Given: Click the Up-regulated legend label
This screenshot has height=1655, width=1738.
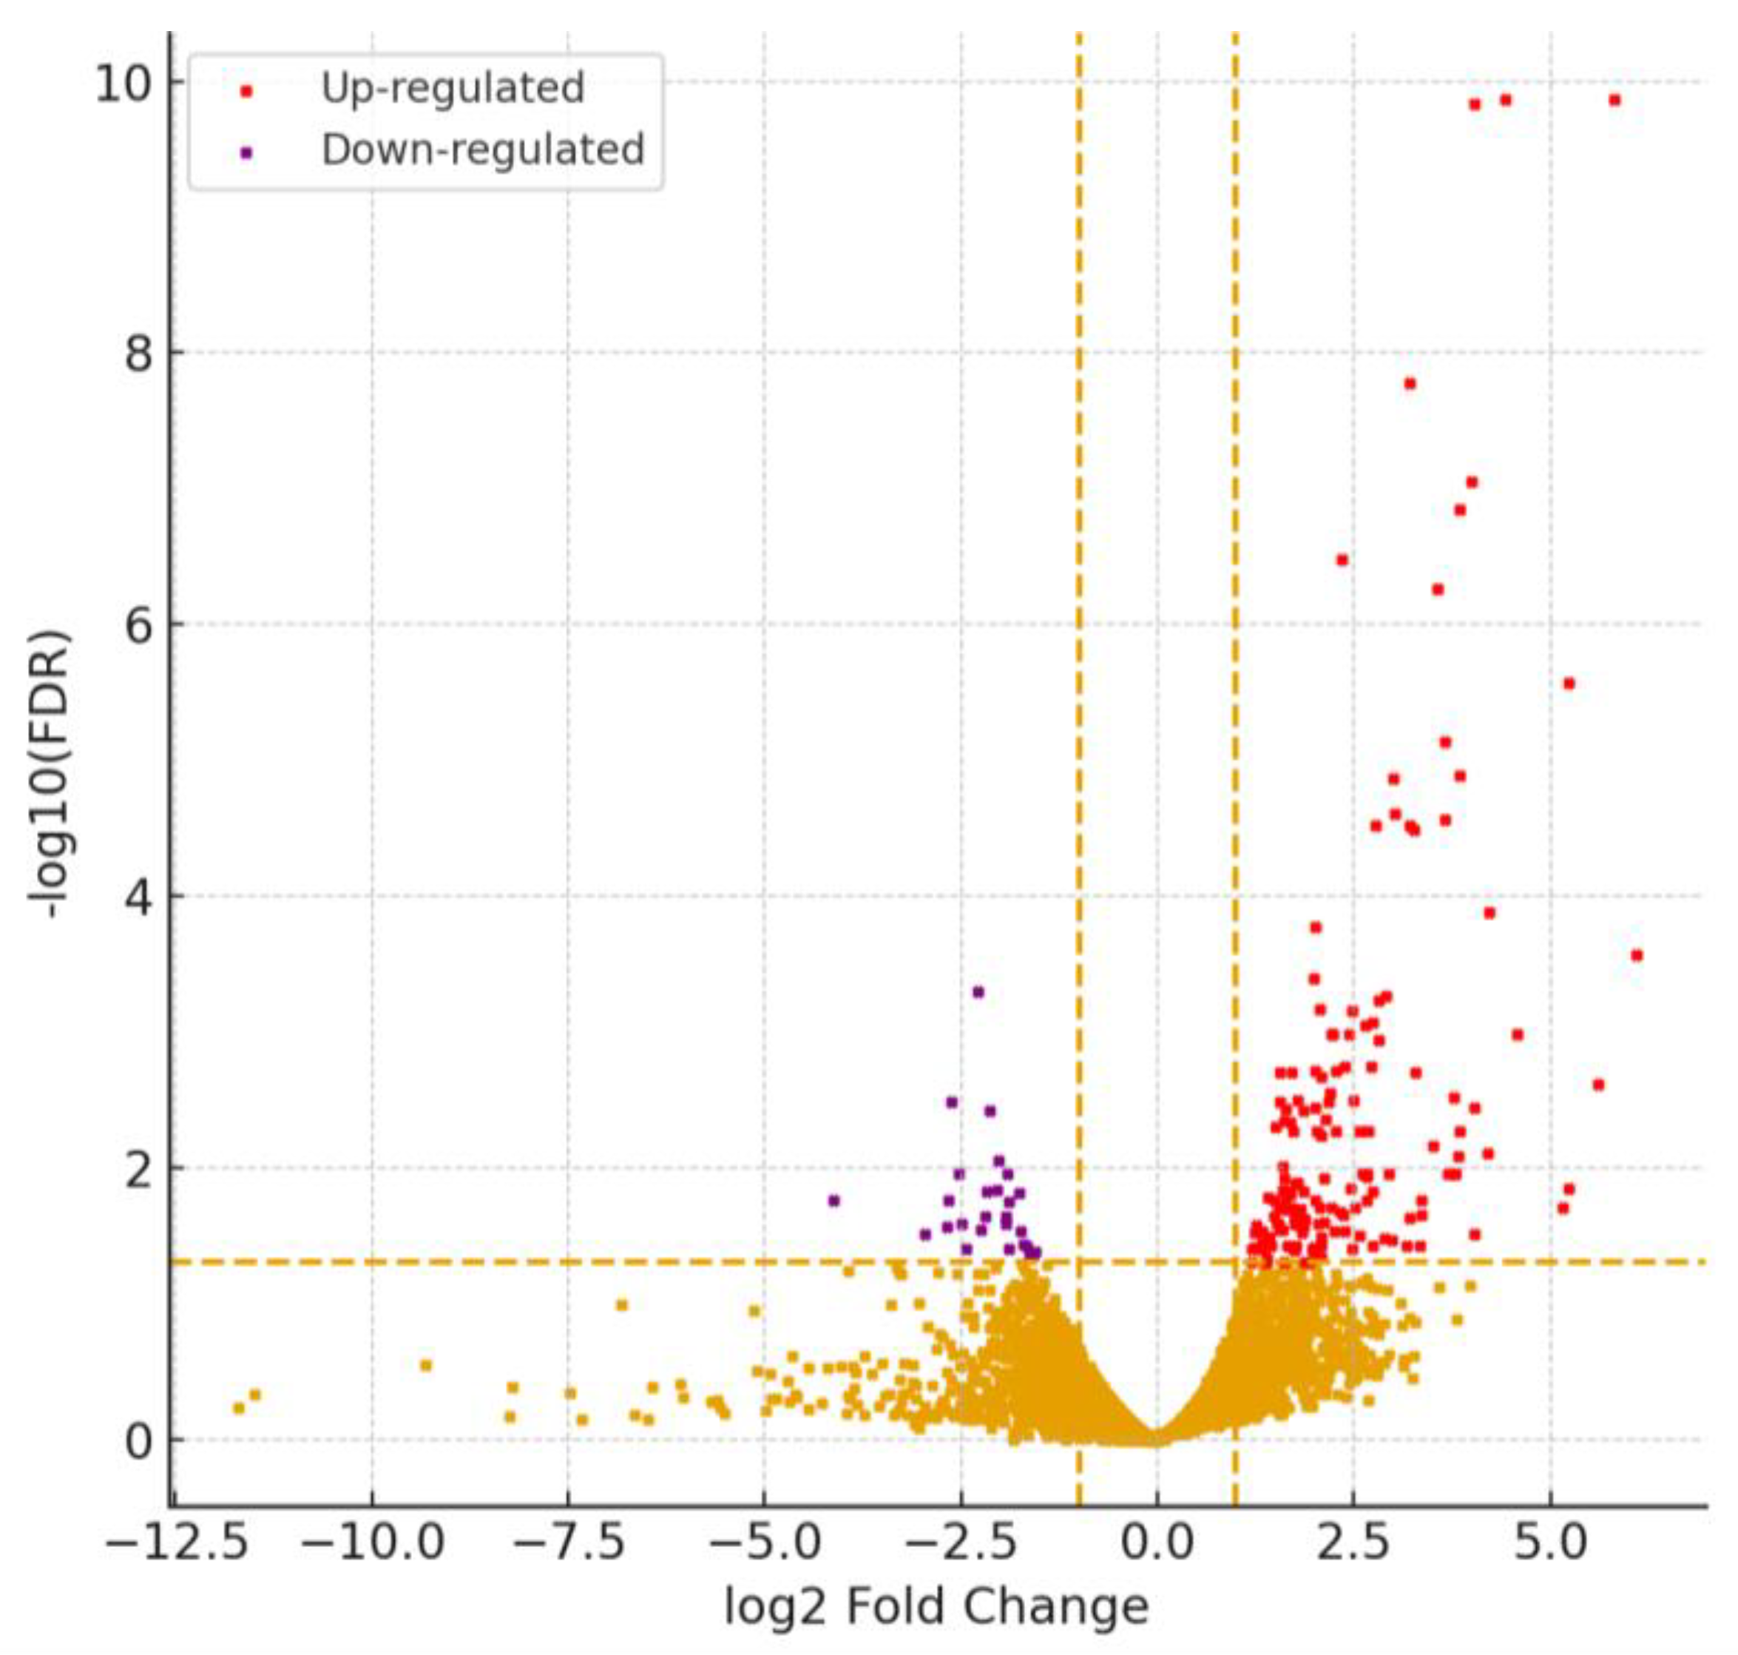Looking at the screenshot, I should [x=453, y=88].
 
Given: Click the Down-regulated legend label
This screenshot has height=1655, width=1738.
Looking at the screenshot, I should [x=482, y=150].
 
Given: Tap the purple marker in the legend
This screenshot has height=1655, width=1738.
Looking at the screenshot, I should [x=246, y=152].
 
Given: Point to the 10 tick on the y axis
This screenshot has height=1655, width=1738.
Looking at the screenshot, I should [x=127, y=86].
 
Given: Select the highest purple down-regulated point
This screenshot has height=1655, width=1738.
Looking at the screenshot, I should [x=977, y=991].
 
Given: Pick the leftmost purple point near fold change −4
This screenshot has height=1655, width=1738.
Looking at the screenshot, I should [x=834, y=1200].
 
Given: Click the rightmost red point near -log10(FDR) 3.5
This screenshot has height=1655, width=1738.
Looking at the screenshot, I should [x=1637, y=955].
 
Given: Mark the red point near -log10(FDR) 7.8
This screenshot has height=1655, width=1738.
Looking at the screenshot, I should [x=1409, y=384].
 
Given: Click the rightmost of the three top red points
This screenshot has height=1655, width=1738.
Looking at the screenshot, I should [x=1614, y=101].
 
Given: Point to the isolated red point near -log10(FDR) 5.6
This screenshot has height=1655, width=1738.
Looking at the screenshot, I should [x=1568, y=684].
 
